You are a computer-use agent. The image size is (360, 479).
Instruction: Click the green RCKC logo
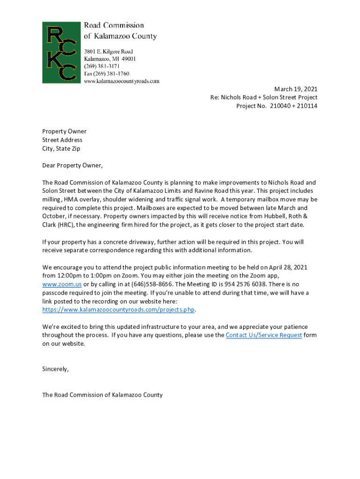(x=61, y=52)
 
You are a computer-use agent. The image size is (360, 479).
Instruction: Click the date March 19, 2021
(x=295, y=89)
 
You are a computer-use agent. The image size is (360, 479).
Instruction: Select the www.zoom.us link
(x=62, y=284)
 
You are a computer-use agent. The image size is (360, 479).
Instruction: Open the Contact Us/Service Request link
(x=263, y=335)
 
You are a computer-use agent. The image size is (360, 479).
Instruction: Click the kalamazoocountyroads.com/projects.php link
(x=118, y=310)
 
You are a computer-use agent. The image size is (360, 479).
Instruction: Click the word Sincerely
(x=55, y=369)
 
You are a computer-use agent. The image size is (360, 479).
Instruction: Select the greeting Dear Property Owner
(x=72, y=166)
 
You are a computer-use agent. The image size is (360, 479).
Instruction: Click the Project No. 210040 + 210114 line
(x=277, y=106)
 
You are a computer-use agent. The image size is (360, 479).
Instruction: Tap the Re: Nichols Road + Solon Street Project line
(x=264, y=97)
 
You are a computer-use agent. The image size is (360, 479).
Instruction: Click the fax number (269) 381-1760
(x=107, y=74)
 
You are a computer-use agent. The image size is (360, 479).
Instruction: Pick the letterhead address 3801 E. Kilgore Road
(x=108, y=51)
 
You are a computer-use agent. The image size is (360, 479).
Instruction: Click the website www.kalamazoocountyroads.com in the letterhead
(x=122, y=81)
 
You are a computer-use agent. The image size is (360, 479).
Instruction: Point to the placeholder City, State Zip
(x=61, y=149)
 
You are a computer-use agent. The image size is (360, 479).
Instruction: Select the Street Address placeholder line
(x=62, y=140)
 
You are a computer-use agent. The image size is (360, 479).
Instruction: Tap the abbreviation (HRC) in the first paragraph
(x=66, y=225)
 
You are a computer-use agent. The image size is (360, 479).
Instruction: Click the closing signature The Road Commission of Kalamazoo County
(x=102, y=395)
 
